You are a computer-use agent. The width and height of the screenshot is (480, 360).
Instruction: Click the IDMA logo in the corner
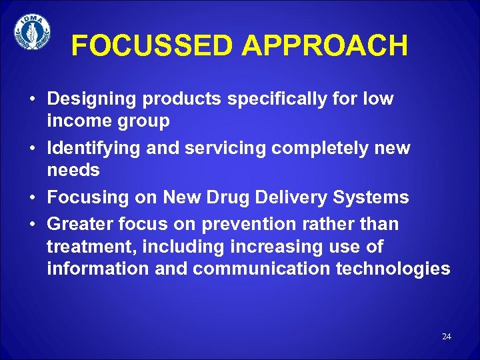pos(32,32)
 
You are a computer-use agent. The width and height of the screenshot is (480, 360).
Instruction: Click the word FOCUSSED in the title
pos(153,46)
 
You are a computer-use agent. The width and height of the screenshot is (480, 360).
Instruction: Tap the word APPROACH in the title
pos(325,46)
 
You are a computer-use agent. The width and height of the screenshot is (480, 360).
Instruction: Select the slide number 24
pos(446,337)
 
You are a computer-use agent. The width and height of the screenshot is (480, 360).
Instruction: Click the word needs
pos(73,171)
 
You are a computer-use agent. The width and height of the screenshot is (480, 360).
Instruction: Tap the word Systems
pos(377,197)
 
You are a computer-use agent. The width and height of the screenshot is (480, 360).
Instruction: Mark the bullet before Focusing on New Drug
pos(33,198)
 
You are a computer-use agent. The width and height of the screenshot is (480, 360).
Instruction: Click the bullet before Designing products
pos(33,100)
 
